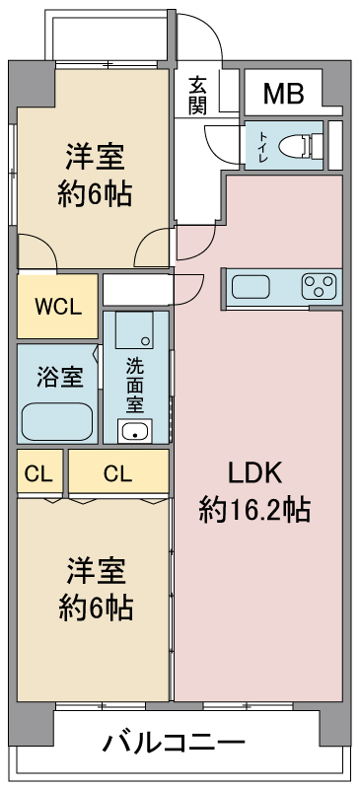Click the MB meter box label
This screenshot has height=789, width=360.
284,93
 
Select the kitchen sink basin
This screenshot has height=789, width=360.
251,287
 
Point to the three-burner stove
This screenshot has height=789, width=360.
320,286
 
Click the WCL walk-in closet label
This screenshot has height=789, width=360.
58,308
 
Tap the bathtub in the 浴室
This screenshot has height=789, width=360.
57,422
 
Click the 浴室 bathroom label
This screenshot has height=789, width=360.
60,378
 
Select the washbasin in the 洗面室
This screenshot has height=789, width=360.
134,431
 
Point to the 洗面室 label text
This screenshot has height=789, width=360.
135,383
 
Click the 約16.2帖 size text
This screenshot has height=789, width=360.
253,509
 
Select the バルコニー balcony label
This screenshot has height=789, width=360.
175,743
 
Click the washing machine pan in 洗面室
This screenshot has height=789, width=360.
134,330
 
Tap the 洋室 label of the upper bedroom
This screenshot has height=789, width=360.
95,157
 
